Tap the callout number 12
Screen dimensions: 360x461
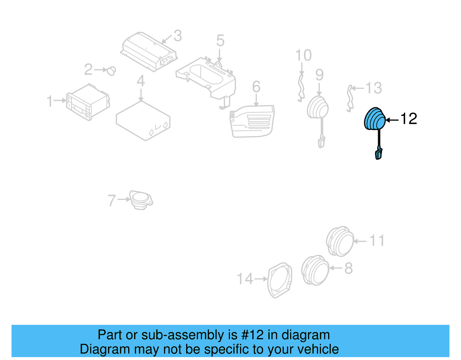[409, 119]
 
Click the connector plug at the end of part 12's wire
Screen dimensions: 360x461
[379, 154]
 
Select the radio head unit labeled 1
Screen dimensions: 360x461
[88, 102]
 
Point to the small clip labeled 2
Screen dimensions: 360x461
[112, 71]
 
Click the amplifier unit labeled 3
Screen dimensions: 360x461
[148, 52]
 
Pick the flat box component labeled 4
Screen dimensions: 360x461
[143, 120]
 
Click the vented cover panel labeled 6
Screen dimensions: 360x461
[252, 121]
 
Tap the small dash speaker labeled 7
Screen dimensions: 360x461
[141, 199]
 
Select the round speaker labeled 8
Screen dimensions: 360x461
[315, 270]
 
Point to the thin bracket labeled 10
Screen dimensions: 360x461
[301, 88]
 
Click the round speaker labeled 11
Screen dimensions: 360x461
[340, 242]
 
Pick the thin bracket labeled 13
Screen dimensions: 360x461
[350, 98]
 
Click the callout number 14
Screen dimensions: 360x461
[245, 279]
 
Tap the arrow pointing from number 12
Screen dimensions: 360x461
[392, 120]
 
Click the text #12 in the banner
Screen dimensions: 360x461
[252, 335]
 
